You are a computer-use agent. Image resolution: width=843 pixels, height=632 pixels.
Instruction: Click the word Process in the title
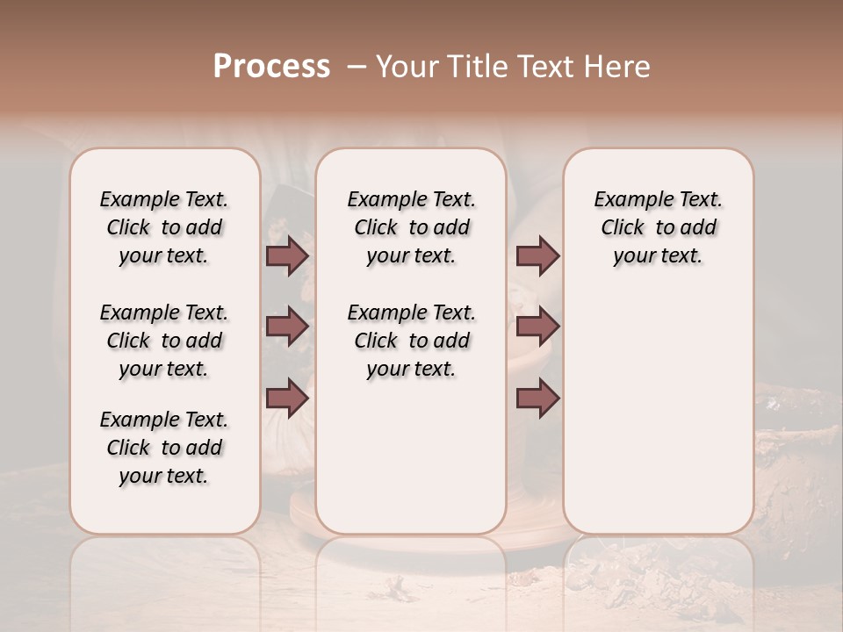(271, 67)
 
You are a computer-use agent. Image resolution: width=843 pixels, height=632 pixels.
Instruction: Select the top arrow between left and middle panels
(287, 255)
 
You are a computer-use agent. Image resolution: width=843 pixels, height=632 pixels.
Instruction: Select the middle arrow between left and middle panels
(287, 327)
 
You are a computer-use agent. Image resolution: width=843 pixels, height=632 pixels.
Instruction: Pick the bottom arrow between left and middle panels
(287, 399)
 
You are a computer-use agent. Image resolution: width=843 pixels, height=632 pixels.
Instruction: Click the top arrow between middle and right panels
(537, 255)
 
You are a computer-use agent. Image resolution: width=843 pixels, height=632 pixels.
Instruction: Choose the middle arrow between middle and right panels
(537, 327)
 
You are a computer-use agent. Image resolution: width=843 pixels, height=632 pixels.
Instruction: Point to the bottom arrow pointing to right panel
(537, 399)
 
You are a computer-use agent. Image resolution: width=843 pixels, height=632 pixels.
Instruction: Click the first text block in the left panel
(164, 227)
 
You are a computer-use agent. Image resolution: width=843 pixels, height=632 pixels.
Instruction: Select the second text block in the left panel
(164, 341)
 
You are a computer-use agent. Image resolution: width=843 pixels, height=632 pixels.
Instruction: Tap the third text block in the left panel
(164, 448)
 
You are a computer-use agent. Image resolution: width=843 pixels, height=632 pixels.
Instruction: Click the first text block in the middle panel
(411, 227)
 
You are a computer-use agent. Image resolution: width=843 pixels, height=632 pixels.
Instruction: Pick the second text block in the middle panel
(411, 341)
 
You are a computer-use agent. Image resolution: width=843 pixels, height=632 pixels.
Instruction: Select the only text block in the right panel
(658, 227)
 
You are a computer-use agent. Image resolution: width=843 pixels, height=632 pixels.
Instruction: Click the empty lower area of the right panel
(658, 413)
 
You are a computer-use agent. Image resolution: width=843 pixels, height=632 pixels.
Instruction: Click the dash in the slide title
(357, 67)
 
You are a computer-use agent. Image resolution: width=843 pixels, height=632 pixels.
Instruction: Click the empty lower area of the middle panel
(411, 456)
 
